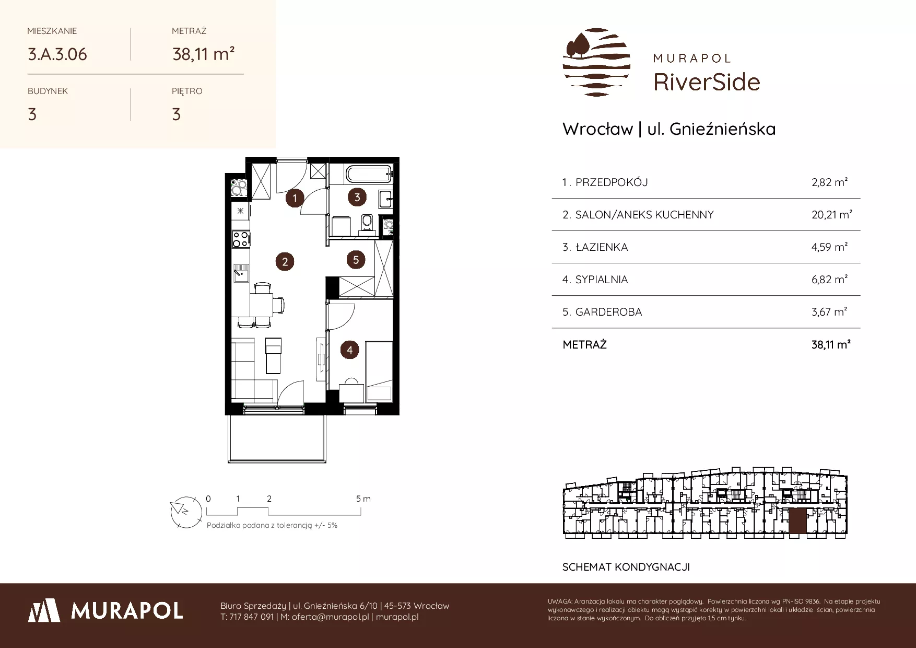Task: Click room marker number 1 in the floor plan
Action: coord(295,198)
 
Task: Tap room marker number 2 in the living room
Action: coord(285,262)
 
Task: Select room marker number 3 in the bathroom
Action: coord(357,197)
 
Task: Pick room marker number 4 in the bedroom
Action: coord(349,350)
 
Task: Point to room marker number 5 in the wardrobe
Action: coord(356,260)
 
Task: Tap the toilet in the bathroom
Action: coord(367,222)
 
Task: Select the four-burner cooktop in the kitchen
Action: coord(241,239)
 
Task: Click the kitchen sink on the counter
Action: coord(241,273)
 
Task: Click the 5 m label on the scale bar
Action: coord(363,499)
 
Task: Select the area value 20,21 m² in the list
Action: coord(832,215)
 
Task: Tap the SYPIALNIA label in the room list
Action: coord(602,280)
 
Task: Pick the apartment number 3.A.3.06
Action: coord(57,54)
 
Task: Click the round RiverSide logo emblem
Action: coord(596,63)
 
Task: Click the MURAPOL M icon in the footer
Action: coord(45,610)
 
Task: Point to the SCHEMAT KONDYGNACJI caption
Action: coord(626,567)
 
